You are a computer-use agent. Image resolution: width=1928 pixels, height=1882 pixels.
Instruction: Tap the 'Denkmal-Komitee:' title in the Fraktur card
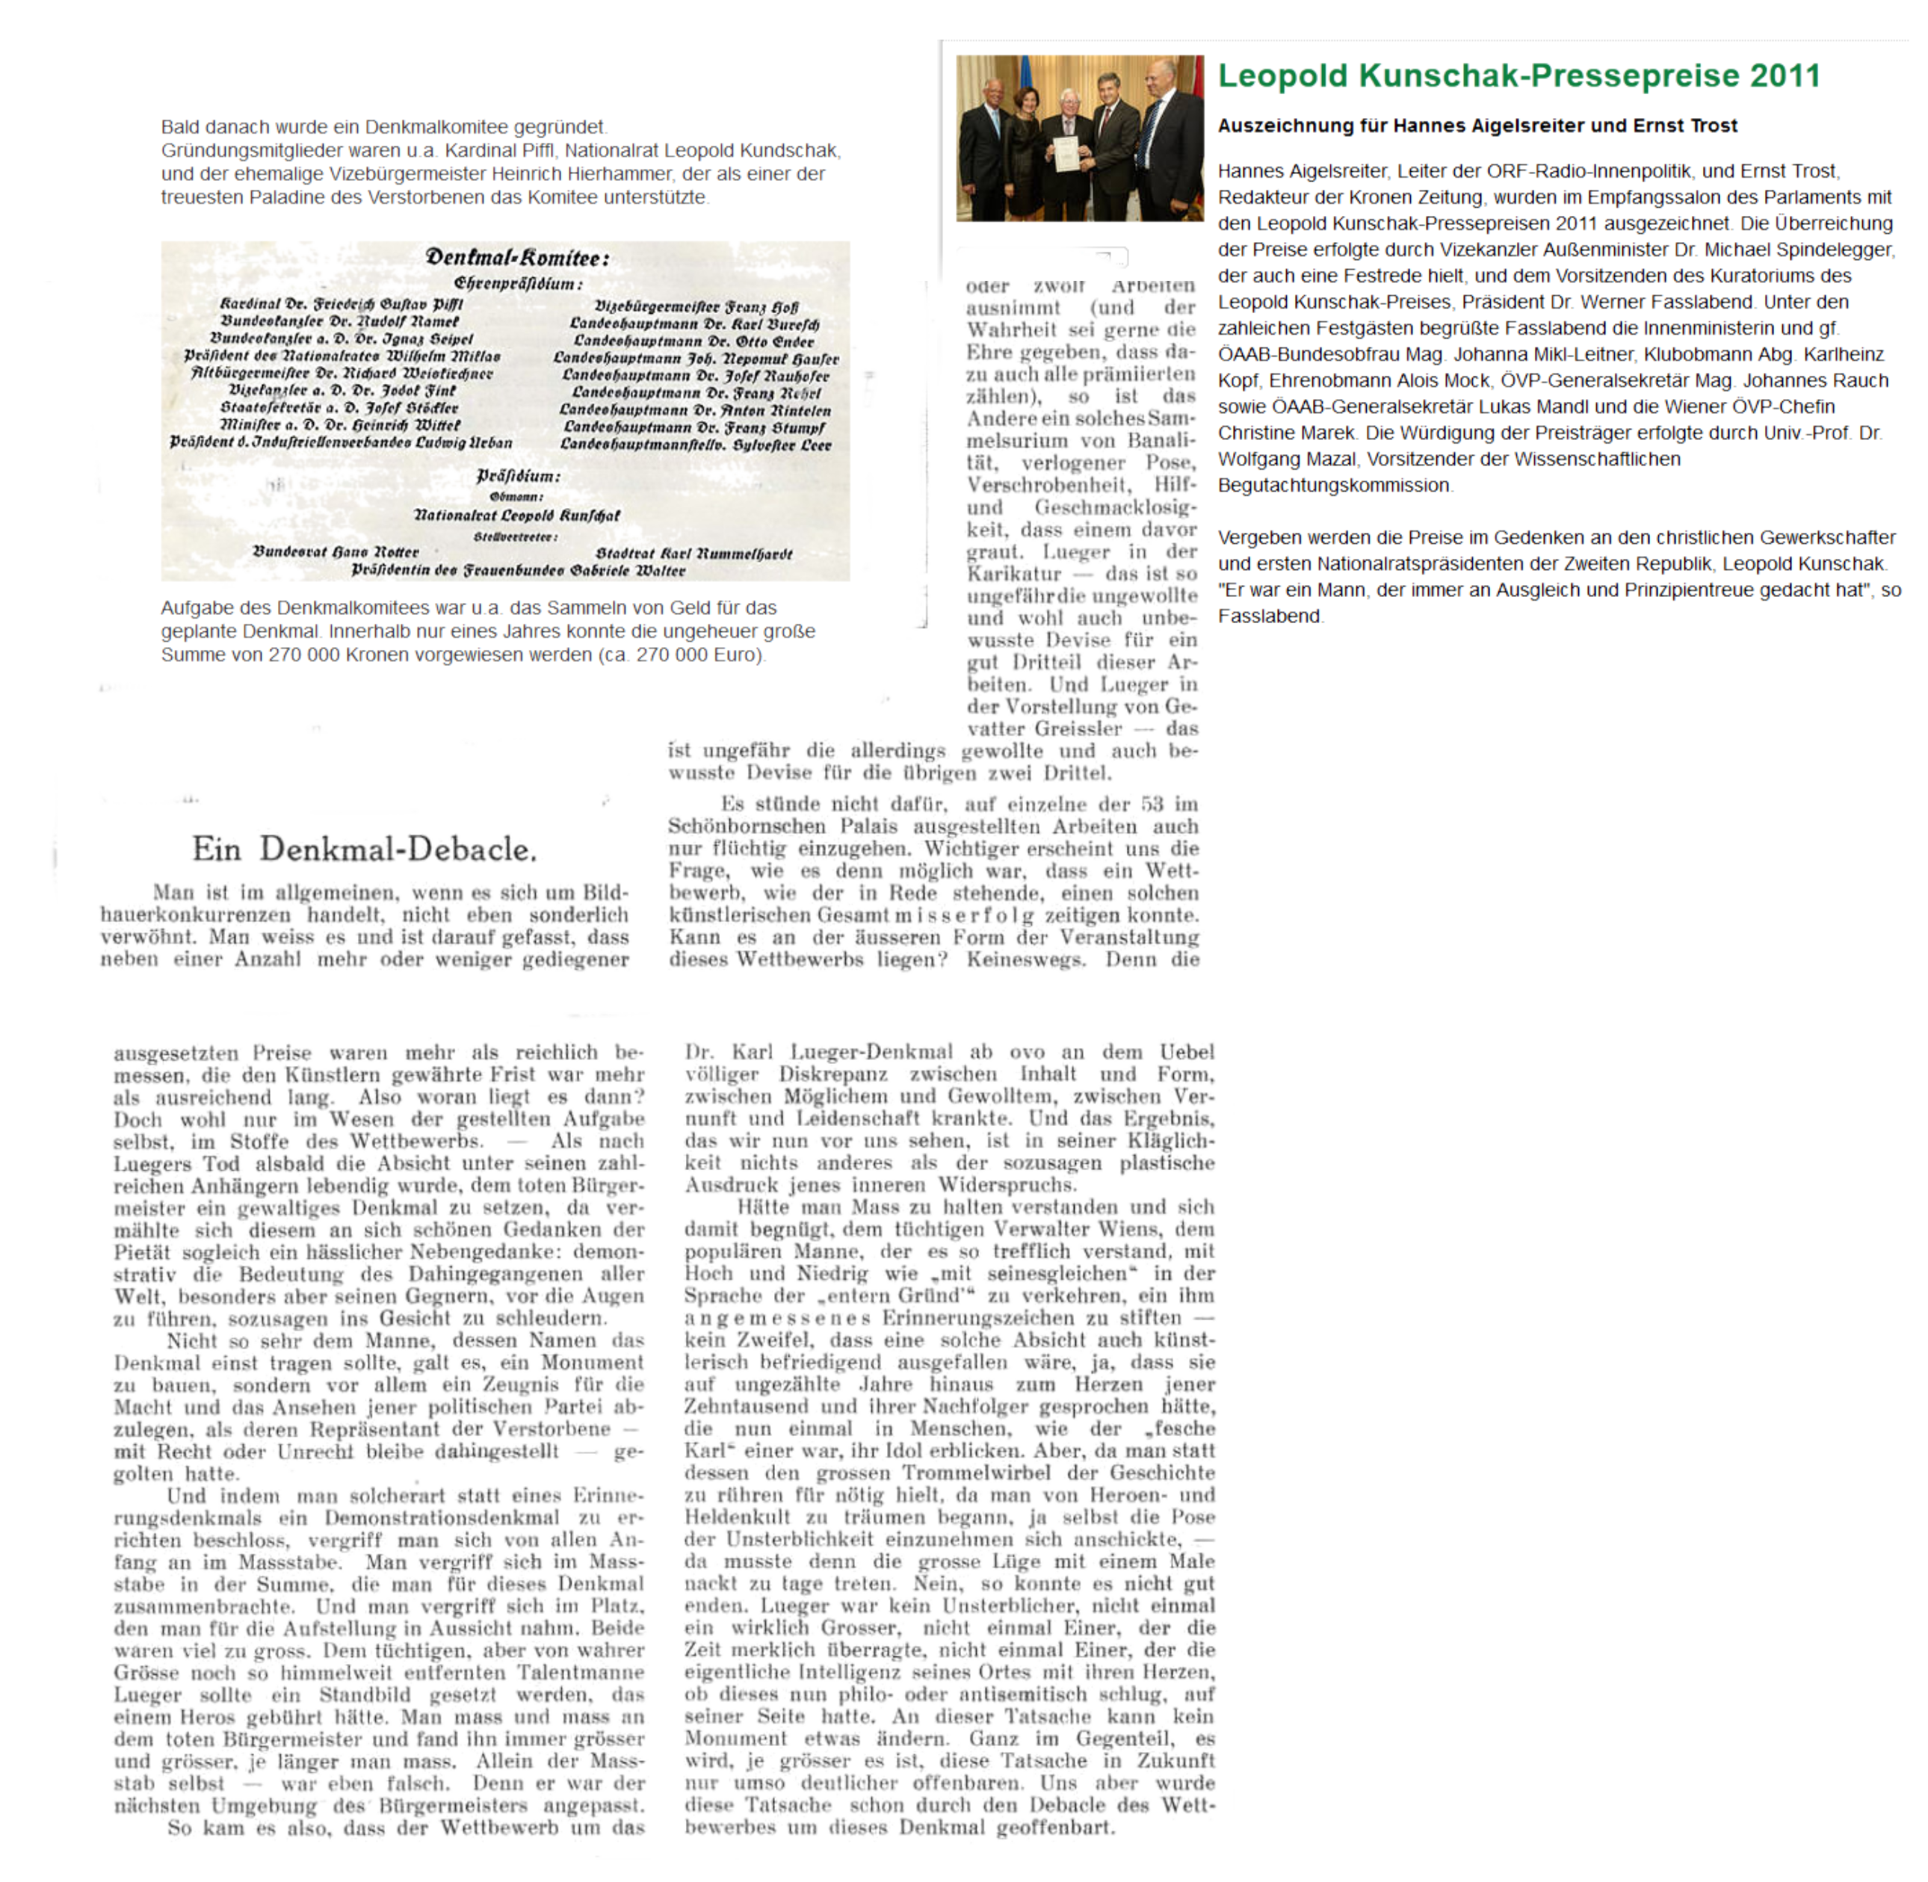point(517,258)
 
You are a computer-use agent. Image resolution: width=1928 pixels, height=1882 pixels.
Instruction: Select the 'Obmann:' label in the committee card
point(516,496)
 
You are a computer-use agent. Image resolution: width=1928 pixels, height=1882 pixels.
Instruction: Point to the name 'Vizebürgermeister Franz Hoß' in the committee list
point(696,307)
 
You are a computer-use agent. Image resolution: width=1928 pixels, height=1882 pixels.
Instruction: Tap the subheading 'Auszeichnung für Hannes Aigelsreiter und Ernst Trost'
point(1477,126)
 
